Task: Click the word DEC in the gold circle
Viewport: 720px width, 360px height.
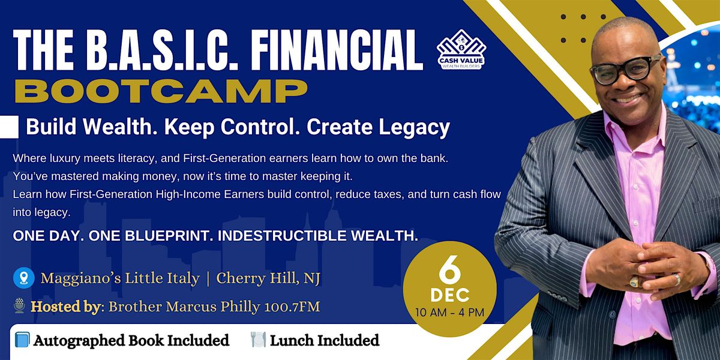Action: [x=450, y=295]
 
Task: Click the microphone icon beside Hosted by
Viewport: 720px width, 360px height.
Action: [x=19, y=307]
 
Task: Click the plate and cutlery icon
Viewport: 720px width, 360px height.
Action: [x=258, y=341]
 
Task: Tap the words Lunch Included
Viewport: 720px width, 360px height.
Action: [x=325, y=341]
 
